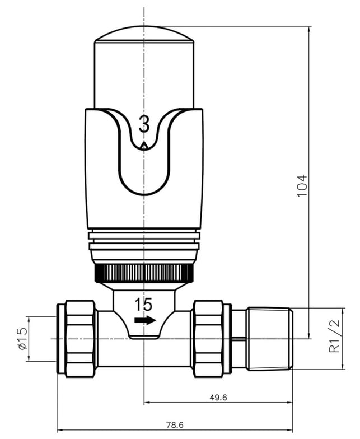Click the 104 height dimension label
[x=302, y=186]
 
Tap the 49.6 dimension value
[x=218, y=398]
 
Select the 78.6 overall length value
[x=175, y=424]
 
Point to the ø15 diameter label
[x=22, y=338]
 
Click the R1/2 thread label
[x=335, y=336]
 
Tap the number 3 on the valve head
[x=144, y=124]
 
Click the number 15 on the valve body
[x=144, y=305]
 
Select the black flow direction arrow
[x=145, y=320]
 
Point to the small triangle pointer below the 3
[x=144, y=146]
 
